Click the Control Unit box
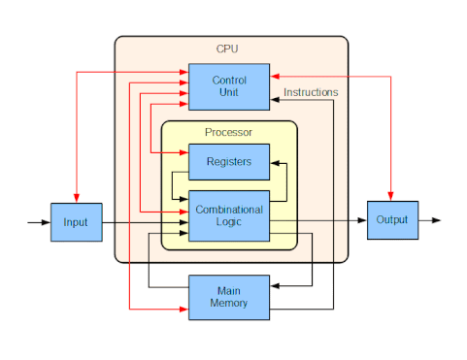tap(228, 84)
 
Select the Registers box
tap(228, 161)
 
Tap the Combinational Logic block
tap(228, 215)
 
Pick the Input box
tap(76, 222)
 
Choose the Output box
tap(392, 220)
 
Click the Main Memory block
tap(228, 296)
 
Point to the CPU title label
tap(227, 49)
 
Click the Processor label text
tap(228, 132)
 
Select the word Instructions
tap(311, 92)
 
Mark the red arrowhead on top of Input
tap(76, 198)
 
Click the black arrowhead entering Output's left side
tap(361, 220)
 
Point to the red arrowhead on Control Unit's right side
tap(275, 74)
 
